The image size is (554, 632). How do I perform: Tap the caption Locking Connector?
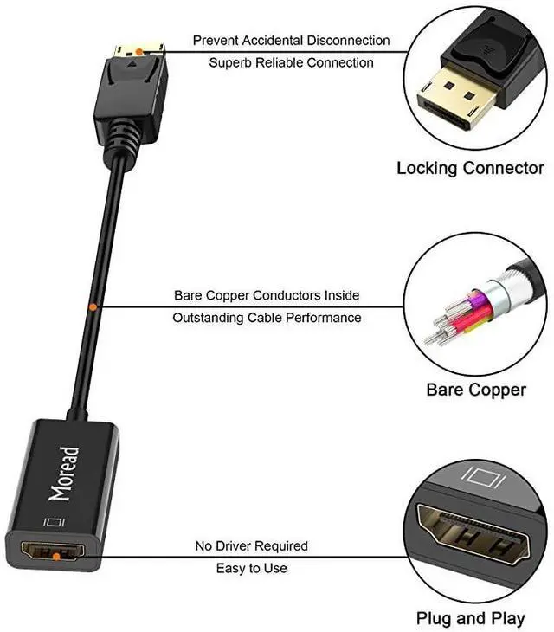[470, 168]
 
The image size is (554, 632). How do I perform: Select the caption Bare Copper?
[475, 390]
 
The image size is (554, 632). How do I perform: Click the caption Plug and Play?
[470, 618]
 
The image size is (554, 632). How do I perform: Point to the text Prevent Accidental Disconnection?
[291, 41]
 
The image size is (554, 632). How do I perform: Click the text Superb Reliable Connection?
[291, 62]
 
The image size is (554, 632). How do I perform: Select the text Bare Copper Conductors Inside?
[267, 295]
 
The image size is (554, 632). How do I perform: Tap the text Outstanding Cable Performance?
[267, 318]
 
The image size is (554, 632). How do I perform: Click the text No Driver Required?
[251, 546]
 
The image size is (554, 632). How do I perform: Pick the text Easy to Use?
[251, 568]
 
